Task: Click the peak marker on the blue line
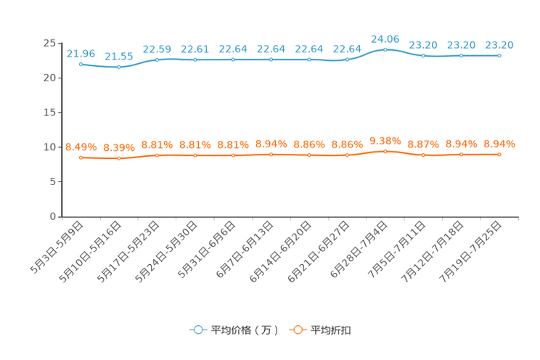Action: (385, 49)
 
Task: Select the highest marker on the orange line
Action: (385, 151)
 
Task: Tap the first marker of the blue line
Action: (81, 64)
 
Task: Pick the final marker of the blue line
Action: (499, 55)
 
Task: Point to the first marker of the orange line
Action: (81, 157)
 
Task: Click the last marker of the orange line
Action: (499, 154)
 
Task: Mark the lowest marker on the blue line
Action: (119, 67)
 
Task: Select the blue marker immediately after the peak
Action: (423, 55)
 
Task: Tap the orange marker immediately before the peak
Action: (348, 155)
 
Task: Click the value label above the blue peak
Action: (385, 38)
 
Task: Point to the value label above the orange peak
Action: (385, 139)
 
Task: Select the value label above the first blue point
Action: (81, 53)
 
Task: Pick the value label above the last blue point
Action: (499, 45)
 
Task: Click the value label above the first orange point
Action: (81, 147)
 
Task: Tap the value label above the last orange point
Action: (499, 143)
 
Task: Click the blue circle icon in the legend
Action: (197, 330)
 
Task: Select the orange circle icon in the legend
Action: (297, 330)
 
